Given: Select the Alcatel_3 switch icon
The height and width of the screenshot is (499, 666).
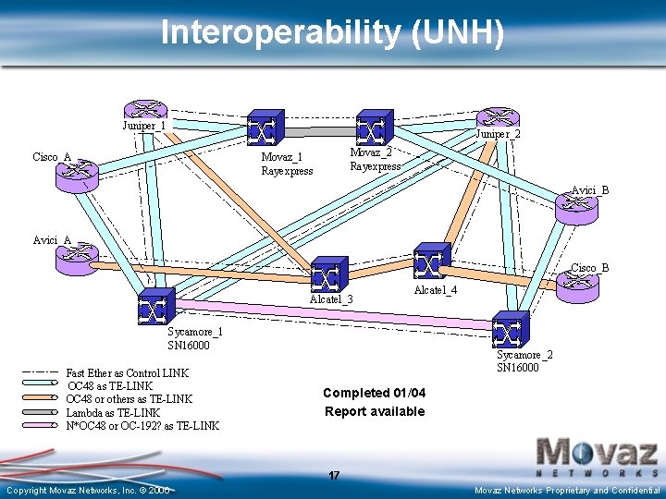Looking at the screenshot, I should tap(329, 274).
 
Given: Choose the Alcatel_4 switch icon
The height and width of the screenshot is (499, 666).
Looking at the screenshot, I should tap(432, 261).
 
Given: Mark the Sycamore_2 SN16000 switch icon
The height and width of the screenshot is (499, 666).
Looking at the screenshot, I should tap(511, 329).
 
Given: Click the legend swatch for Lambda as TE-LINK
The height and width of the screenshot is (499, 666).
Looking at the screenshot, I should tap(41, 412).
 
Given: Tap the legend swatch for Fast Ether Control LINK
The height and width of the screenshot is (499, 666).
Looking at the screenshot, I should tap(41, 372).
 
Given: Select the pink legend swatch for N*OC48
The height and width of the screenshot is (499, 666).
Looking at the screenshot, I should tap(41, 426).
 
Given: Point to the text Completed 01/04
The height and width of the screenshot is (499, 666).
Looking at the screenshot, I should tap(374, 393).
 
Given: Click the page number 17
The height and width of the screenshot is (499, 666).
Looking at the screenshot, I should tap(334, 475).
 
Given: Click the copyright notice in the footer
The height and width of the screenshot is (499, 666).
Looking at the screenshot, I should tap(88, 490).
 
